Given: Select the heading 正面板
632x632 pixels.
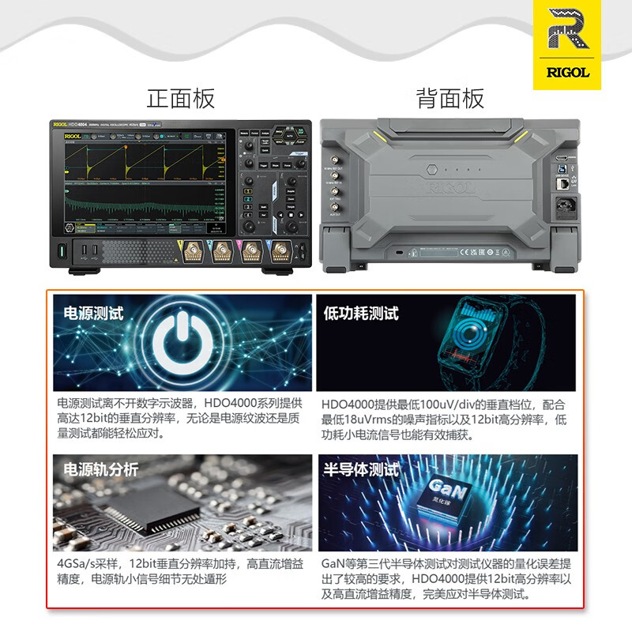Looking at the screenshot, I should pos(181,99).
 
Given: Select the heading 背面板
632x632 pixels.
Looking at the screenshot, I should pos(450,99).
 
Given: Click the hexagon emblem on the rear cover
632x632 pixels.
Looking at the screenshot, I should pos(432,169).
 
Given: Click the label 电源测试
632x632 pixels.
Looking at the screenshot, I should pos(93,313).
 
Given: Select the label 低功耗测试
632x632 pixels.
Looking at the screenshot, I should pos(361,313).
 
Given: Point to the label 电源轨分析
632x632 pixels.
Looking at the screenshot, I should pos(100,469).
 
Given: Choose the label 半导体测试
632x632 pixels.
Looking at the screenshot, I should pos(361,469).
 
